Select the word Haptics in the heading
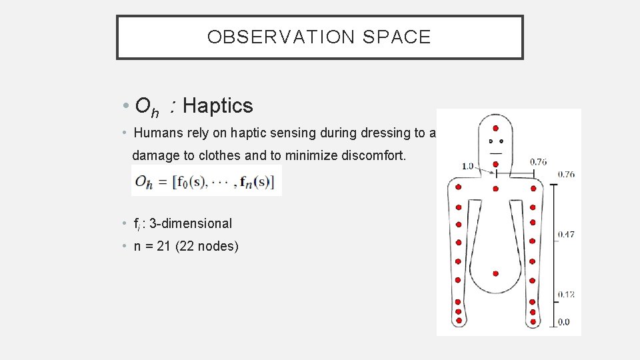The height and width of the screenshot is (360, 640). pyautogui.click(x=217, y=105)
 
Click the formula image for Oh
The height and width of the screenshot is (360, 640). pyautogui.click(x=206, y=181)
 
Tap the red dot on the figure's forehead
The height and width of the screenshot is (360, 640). pyautogui.click(x=495, y=128)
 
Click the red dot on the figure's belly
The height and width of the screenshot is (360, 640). pyautogui.click(x=495, y=273)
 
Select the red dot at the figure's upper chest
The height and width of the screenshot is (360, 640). pyautogui.click(x=495, y=189)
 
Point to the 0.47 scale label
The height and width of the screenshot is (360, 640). pyautogui.click(x=565, y=234)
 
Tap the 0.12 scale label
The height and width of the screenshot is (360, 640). pyautogui.click(x=565, y=294)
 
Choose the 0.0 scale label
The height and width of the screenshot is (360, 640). pyautogui.click(x=563, y=322)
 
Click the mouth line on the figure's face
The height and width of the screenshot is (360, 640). pyautogui.click(x=495, y=153)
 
